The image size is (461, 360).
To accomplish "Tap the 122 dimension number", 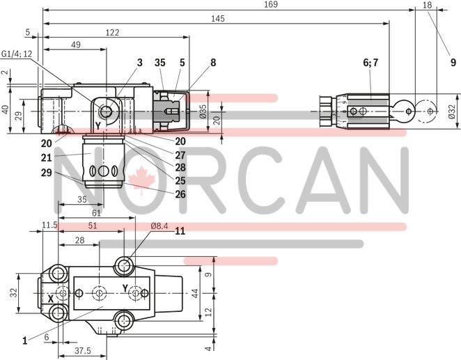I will tap(111, 32).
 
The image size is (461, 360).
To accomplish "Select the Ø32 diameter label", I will tap(453, 111).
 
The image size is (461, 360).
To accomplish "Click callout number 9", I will tap(453, 63).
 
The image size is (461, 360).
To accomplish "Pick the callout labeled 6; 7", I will tap(370, 63).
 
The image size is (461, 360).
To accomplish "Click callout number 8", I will tap(213, 63).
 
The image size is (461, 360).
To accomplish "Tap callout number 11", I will tap(180, 230).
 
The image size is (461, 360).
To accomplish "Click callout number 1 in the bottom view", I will tap(24, 341).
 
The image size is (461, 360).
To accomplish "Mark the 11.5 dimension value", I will tap(49, 225).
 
